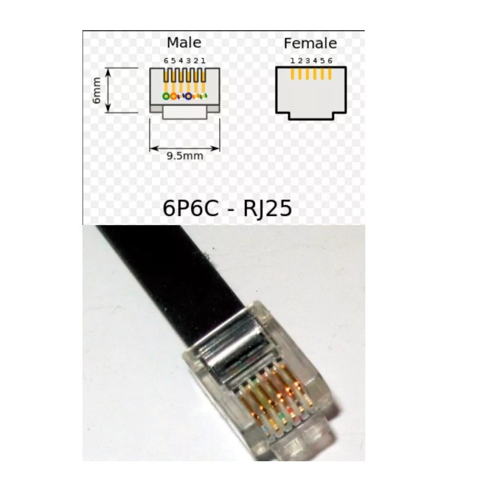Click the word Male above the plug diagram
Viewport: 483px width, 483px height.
184,43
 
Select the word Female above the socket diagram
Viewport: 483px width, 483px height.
310,43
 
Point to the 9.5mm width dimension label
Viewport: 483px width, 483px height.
185,156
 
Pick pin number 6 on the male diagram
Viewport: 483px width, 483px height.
166,61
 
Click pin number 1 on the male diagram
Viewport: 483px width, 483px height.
203,61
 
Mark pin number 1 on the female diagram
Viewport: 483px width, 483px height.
292,61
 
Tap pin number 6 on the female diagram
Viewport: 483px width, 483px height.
330,61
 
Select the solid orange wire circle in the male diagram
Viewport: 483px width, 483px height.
174,97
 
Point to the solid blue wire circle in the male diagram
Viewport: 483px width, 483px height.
188,97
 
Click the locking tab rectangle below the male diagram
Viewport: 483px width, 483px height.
185,112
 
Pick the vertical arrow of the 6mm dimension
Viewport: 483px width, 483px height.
109,91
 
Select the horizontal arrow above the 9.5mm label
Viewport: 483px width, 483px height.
185,147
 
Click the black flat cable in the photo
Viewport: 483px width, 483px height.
181,266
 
